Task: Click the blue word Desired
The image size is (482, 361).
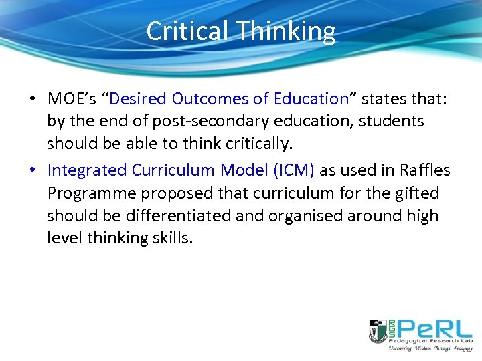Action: [x=138, y=99]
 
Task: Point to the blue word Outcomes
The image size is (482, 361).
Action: [x=210, y=99]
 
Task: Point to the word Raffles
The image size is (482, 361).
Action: [x=424, y=170]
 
